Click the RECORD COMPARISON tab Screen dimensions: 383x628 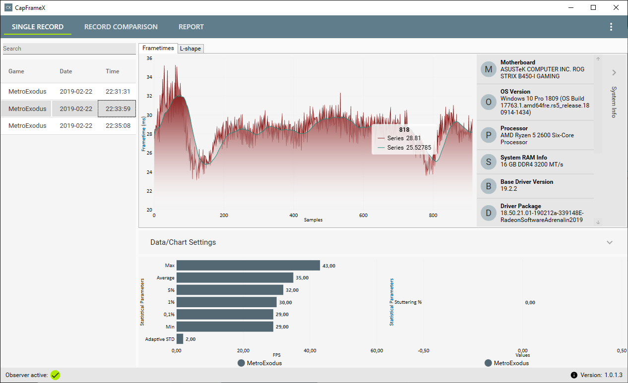[x=121, y=27]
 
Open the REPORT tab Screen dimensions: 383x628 [x=191, y=27]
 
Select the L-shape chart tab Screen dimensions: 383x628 [x=191, y=49]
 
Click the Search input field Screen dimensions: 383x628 [x=69, y=49]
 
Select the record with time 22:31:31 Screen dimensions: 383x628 [x=69, y=92]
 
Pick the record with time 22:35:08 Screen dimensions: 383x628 [x=69, y=126]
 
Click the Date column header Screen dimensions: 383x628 [x=66, y=71]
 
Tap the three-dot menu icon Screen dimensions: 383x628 [x=611, y=27]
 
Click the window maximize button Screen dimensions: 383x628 [x=593, y=7]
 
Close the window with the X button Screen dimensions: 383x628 [x=616, y=7]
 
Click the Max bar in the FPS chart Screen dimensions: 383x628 [x=248, y=266]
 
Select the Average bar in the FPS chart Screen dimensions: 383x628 [x=235, y=278]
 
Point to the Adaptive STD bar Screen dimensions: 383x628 [x=180, y=339]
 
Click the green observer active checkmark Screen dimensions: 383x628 [x=55, y=375]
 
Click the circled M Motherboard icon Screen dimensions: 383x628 [x=489, y=69]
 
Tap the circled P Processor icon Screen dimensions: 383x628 [x=489, y=135]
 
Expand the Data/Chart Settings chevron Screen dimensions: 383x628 [x=610, y=242]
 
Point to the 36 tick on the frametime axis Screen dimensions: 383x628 [x=149, y=58]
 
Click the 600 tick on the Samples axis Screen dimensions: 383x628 [x=363, y=216]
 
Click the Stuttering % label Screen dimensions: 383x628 [x=408, y=302]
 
